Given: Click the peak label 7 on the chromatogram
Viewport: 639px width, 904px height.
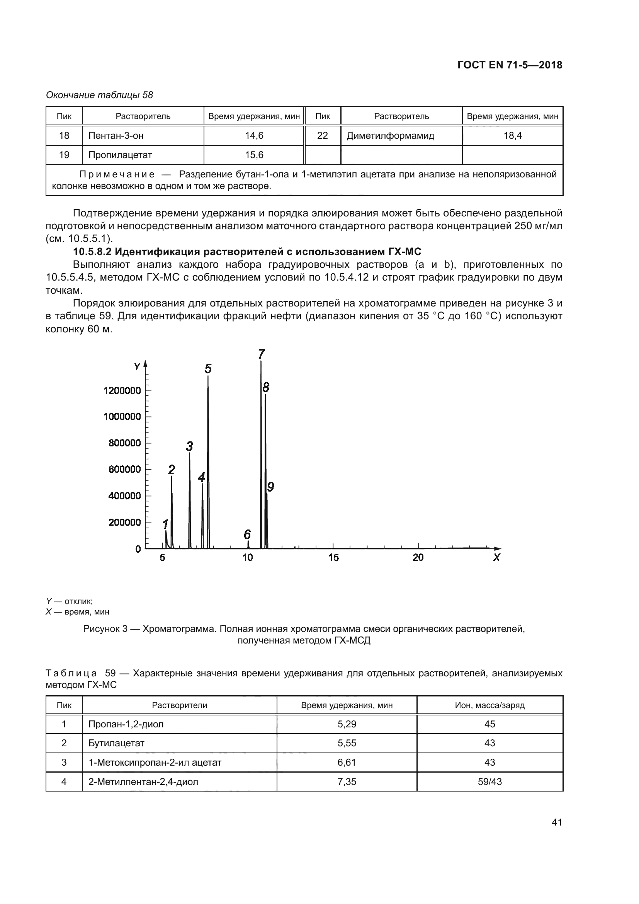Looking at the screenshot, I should (x=262, y=354).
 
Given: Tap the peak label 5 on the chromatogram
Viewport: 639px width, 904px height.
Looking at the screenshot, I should (x=208, y=369).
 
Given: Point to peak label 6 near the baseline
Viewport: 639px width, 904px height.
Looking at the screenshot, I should (x=247, y=534).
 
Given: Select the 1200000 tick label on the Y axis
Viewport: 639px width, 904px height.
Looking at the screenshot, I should (x=122, y=391).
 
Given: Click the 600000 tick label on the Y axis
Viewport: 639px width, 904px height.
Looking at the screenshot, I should (x=124, y=469).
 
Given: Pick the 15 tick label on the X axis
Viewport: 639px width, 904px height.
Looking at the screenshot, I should (x=333, y=558).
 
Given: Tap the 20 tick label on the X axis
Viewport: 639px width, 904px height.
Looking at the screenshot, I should (x=418, y=558).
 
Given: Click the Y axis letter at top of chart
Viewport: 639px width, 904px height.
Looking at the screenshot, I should (x=137, y=367).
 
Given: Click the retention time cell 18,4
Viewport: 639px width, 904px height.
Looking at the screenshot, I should (x=512, y=136).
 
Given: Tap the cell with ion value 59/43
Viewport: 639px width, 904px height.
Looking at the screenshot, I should (x=489, y=781).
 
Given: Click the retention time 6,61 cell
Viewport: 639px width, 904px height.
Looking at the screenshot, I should (x=346, y=762).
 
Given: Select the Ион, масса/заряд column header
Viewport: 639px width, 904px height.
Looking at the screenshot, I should (x=489, y=705).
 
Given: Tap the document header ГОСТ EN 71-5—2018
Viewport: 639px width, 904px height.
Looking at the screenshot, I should (x=510, y=65).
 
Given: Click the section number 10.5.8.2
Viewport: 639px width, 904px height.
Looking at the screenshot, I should (x=92, y=252).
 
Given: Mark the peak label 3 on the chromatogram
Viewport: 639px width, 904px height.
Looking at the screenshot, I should (x=189, y=446).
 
